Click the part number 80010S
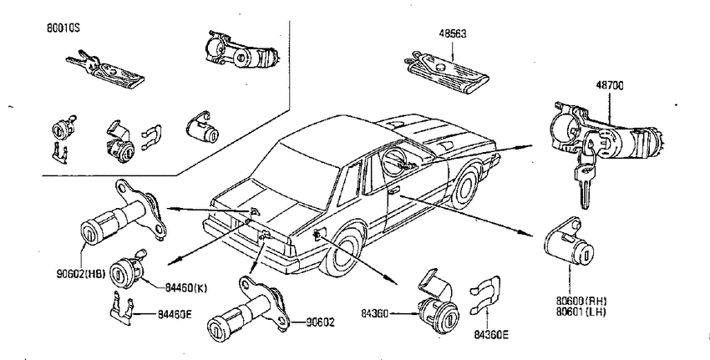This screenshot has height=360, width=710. coord(63,28)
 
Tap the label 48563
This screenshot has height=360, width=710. coord(453,33)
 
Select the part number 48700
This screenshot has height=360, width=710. coord(609,85)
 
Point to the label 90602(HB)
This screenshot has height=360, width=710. coord(81,273)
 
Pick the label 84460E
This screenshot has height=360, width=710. coord(175,313)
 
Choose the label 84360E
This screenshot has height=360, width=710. coord(491,335)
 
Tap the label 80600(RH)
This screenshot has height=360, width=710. coord(581,302)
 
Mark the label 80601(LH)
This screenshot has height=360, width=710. coord(581,311)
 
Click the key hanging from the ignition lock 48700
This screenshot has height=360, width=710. coord(584,181)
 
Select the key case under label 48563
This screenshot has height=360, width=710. coord(447,73)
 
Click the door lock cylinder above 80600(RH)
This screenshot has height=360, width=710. coord(569,241)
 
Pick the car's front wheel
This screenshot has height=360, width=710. coord(465,186)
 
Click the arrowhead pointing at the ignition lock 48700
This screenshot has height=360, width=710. coord(528,146)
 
